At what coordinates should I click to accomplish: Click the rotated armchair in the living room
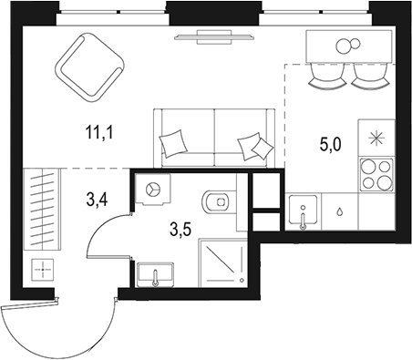point(90,66)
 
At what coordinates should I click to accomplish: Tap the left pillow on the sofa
point(173,141)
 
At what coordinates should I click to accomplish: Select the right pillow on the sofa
point(254,146)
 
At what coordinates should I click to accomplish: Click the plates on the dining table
point(346,46)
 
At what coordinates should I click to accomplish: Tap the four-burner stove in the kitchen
point(376,173)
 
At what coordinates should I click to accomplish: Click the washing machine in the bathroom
point(151,189)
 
